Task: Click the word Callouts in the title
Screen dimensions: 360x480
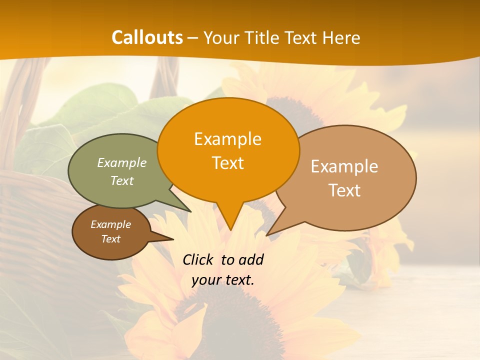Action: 147,37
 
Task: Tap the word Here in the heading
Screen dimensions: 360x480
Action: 341,37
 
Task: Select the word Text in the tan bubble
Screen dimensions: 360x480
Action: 344,190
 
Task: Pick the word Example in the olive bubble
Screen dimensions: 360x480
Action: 121,162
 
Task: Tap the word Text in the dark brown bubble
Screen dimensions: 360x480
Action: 110,239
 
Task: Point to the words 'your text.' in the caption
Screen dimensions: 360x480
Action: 223,280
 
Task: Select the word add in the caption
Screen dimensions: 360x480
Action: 251,259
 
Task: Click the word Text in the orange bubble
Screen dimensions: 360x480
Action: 227,163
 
